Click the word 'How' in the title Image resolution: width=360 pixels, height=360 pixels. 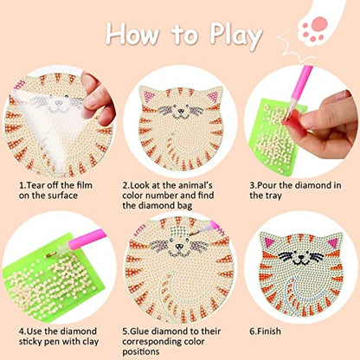(x=135, y=35)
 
